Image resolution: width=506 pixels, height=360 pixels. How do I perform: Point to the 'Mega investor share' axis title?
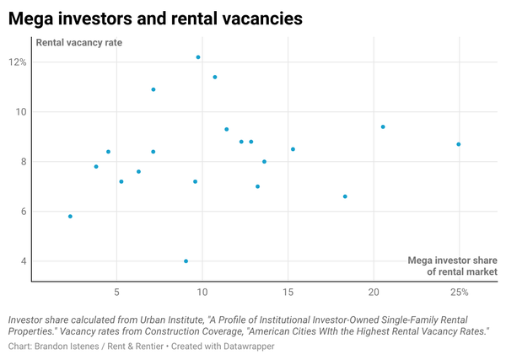(452, 260)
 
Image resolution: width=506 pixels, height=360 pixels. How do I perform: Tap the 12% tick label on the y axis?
(18, 62)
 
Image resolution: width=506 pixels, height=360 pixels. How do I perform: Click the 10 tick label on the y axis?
(21, 112)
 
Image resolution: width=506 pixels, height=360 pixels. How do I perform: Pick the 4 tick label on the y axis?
(24, 261)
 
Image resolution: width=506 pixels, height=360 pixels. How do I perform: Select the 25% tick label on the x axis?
(459, 293)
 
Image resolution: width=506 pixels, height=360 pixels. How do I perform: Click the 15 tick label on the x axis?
(288, 293)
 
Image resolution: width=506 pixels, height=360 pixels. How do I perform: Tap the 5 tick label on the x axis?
(116, 293)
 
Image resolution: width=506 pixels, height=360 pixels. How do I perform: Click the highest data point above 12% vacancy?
(198, 57)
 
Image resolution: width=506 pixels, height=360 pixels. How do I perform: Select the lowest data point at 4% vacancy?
(186, 261)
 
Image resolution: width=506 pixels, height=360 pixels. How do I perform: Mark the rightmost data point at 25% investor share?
(459, 144)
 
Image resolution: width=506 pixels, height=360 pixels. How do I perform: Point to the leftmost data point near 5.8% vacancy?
(70, 216)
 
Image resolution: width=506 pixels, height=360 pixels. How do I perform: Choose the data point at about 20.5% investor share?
(383, 126)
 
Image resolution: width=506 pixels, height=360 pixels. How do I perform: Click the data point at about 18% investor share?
(345, 196)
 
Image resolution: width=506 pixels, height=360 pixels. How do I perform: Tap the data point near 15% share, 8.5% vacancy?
(293, 149)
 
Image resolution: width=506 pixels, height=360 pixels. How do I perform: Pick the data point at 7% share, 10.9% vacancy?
(153, 89)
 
